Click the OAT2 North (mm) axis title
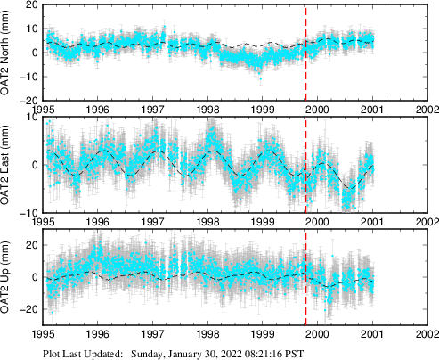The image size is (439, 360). [x=10, y=53]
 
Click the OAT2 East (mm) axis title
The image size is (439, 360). [x=10, y=166]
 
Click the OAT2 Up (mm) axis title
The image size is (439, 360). [x=10, y=277]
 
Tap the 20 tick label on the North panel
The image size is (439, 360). [x=31, y=5]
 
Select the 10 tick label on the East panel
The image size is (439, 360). [x=31, y=118]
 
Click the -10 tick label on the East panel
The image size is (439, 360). [x=29, y=213]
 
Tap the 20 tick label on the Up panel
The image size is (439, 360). [x=31, y=245]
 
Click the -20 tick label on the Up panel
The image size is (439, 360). [x=29, y=309]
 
